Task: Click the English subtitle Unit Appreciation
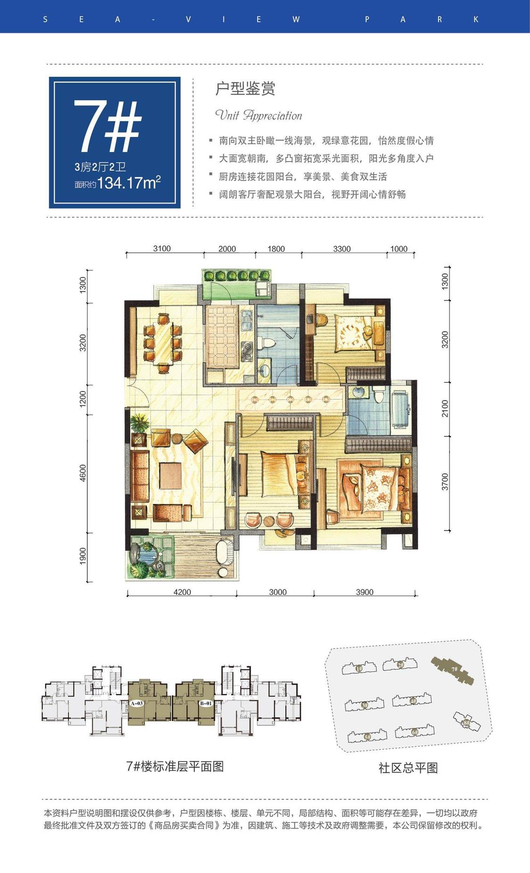[x=258, y=115]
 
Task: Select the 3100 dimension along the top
[x=162, y=249]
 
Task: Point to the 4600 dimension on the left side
[x=83, y=473]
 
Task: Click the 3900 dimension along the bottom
[x=364, y=592]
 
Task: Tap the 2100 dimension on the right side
[x=445, y=408]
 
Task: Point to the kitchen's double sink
[x=246, y=321]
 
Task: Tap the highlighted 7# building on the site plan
[x=453, y=669]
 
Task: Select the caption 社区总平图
[x=408, y=768]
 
